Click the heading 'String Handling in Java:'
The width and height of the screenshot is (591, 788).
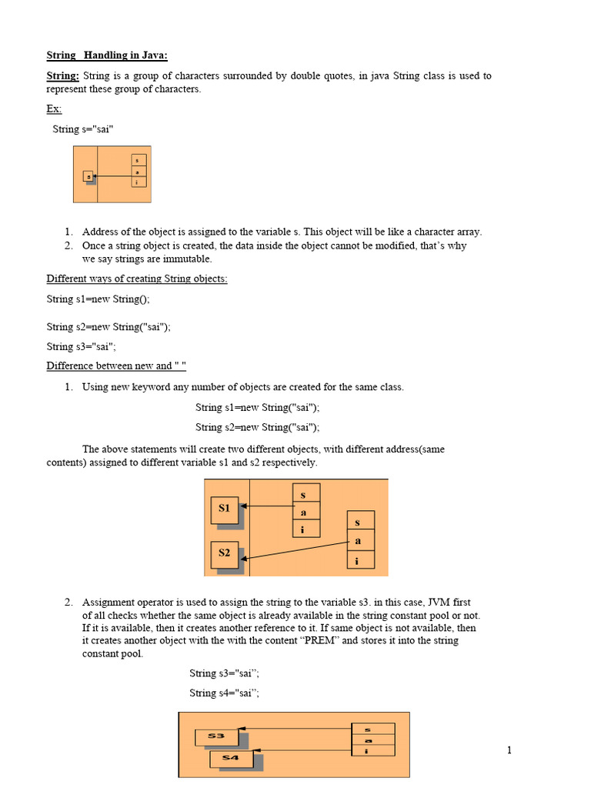[x=106, y=55]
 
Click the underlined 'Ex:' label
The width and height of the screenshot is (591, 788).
[x=54, y=109]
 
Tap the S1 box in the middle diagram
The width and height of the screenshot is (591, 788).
[x=224, y=509]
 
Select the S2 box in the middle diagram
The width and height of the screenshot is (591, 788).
[x=224, y=553]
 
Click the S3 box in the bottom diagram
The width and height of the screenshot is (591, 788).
[x=216, y=736]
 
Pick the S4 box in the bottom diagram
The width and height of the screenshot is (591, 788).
[x=231, y=759]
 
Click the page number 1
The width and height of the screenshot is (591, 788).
[x=509, y=750]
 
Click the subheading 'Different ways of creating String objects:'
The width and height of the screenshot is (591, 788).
[x=137, y=279]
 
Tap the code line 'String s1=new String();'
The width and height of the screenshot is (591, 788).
[x=103, y=299]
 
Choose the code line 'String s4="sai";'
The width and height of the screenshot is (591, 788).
[x=224, y=693]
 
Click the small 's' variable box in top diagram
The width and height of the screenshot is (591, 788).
[x=88, y=176]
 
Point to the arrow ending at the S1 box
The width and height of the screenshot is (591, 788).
[x=267, y=506]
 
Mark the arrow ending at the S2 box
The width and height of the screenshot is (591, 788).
[x=296, y=549]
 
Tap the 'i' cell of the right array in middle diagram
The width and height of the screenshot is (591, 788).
[x=357, y=560]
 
